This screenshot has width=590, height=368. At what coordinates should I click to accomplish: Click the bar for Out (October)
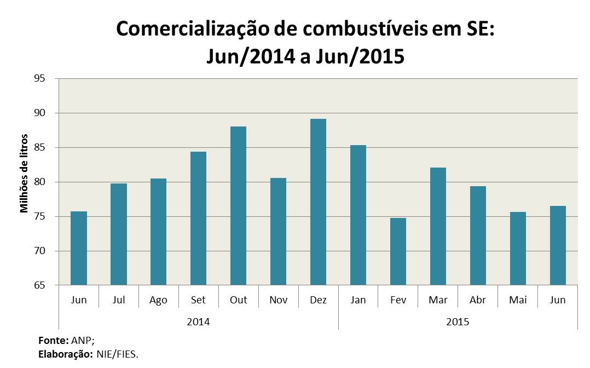pos(238,205)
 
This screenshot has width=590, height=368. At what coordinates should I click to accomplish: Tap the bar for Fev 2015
pos(398,251)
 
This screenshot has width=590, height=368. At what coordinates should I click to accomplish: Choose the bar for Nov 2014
pos(278,231)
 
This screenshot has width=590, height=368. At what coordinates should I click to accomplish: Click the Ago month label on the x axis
pos(158,300)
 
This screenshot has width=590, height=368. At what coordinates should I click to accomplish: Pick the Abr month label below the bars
pos(478,300)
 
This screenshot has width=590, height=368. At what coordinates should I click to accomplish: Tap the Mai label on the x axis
pos(518,300)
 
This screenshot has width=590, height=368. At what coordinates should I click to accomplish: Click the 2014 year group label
pos(198,321)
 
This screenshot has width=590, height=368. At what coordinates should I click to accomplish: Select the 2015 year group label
pos(458,321)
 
